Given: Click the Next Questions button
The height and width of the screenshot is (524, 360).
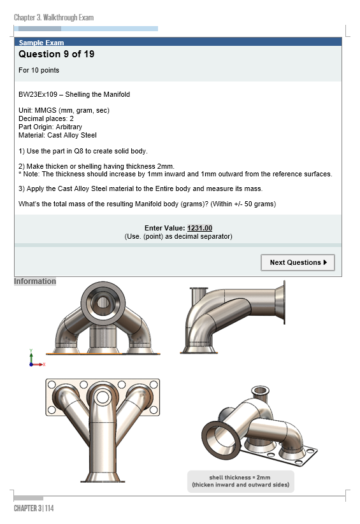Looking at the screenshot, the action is coord(298,262).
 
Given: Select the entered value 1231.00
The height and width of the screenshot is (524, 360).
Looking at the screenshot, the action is coord(199,228).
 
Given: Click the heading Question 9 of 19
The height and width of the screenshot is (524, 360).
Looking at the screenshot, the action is coord(57,54).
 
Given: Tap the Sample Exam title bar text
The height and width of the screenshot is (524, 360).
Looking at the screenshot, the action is coord(41,43).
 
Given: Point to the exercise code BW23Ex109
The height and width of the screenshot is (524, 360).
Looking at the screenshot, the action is coord(38,94).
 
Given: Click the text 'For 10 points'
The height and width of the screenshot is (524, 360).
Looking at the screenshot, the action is coord(39,70).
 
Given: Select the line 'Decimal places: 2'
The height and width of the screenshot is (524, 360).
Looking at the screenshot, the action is coord(46,118).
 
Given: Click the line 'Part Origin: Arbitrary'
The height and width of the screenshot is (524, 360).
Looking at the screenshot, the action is coord(50,127).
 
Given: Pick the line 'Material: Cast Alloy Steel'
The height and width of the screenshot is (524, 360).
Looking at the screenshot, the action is coord(57,135).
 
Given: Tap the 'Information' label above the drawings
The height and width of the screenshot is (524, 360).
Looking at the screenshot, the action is coord(35,281).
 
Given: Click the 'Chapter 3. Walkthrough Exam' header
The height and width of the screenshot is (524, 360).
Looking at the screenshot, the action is coord(54,17).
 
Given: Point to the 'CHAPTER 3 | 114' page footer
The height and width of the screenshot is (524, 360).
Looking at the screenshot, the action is coord(34,508).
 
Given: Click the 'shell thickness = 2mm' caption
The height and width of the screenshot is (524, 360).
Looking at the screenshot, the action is coord(240,478).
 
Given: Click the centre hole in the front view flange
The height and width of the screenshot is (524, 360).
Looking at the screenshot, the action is coord(103,302).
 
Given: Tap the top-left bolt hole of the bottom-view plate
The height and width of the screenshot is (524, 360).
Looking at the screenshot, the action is coord(52,385).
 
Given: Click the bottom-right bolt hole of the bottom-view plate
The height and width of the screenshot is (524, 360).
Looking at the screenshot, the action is coord(154,410).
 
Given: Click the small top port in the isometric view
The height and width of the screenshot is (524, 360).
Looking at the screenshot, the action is coord(261,391).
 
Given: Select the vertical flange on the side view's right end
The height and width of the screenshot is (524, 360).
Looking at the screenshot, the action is coord(284,302).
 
